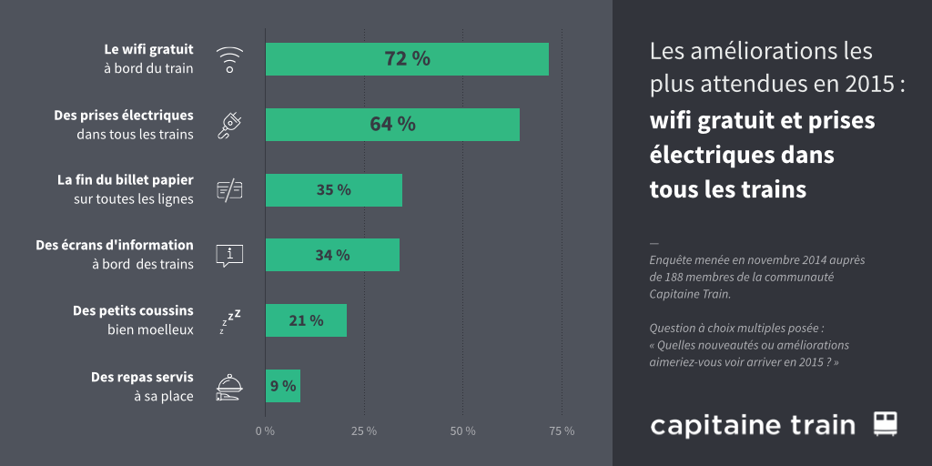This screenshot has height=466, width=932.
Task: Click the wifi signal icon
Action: click(x=229, y=60)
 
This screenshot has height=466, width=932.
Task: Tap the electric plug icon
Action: click(x=229, y=125)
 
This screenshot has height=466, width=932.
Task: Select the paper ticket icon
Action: click(x=229, y=189)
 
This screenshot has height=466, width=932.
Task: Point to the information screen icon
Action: click(x=229, y=255)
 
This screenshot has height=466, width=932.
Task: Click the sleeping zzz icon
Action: click(x=229, y=320)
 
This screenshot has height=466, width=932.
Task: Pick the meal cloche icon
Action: click(x=229, y=386)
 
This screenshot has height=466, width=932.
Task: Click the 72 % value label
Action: click(x=407, y=59)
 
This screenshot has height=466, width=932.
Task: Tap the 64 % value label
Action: click(x=392, y=125)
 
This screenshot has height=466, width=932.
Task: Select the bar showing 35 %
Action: click(x=333, y=190)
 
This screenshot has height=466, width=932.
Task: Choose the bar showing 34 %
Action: click(x=332, y=255)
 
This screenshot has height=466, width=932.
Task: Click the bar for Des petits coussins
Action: click(x=306, y=320)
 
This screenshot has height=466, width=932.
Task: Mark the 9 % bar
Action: click(x=283, y=386)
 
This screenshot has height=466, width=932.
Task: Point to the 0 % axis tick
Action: click(x=265, y=431)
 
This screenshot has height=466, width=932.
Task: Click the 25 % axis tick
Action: click(x=364, y=431)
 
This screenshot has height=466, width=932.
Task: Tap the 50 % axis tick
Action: click(x=463, y=431)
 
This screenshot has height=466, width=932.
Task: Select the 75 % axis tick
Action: click(x=562, y=431)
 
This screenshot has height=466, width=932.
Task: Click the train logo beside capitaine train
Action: click(x=886, y=423)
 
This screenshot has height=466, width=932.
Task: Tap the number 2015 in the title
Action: click(x=869, y=85)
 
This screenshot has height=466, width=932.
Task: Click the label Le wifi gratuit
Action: click(x=148, y=49)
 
